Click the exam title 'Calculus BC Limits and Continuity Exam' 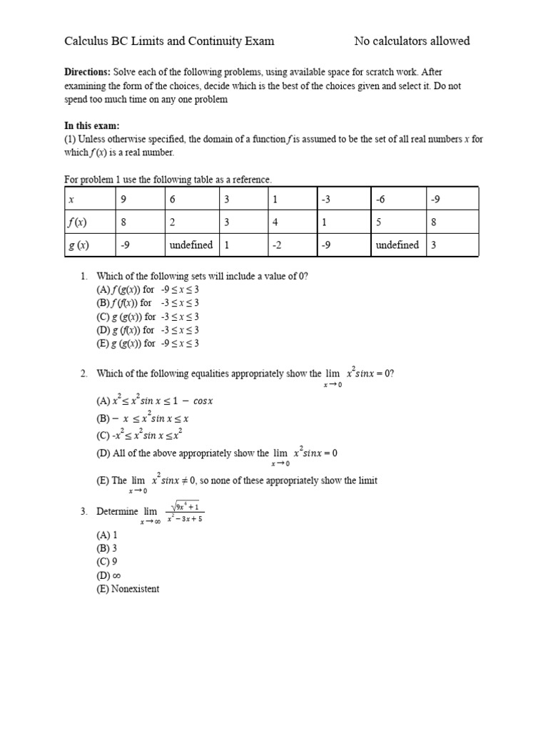tap(169, 41)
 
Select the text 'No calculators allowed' tap(412, 41)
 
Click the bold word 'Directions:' tap(87, 73)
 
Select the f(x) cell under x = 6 tap(173, 222)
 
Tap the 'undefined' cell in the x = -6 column tap(397, 245)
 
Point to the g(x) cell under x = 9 tap(125, 245)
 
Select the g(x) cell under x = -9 tap(432, 245)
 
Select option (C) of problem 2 tap(144, 435)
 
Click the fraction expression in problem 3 tap(185, 513)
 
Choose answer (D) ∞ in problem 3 tap(107, 575)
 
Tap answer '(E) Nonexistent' tap(128, 589)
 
